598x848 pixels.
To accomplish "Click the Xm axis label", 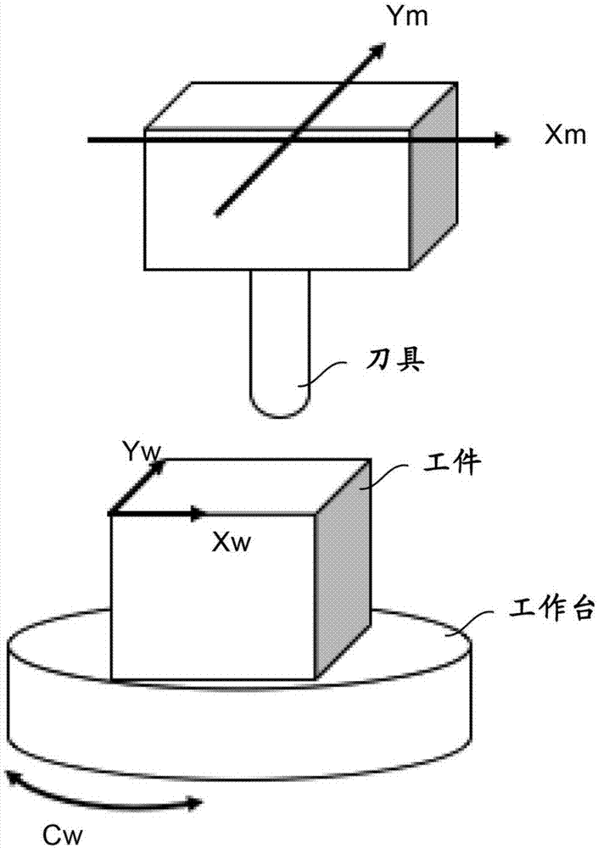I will coord(565,136).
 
